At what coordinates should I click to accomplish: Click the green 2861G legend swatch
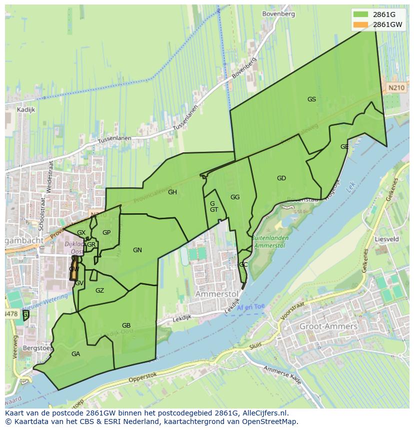click(360, 14)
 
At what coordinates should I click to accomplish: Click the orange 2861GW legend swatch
click(360, 24)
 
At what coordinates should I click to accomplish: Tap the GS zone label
click(311, 99)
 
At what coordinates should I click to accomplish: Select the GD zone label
click(281, 178)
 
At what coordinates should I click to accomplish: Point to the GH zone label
click(172, 192)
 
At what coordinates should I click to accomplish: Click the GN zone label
click(137, 250)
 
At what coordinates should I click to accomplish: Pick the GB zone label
click(126, 326)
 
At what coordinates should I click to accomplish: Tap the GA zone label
click(75, 354)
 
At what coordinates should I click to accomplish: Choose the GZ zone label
click(99, 291)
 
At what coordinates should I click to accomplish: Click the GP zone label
click(106, 233)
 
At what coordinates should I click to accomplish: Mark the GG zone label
click(235, 197)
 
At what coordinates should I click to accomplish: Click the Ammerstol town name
click(215, 294)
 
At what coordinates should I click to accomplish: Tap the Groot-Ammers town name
click(328, 327)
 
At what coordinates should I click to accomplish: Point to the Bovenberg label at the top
click(278, 14)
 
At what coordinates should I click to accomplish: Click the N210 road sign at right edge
click(396, 87)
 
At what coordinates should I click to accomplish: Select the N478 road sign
click(10, 314)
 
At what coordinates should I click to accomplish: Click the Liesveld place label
click(386, 239)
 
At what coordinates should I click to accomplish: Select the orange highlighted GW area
click(74, 269)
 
